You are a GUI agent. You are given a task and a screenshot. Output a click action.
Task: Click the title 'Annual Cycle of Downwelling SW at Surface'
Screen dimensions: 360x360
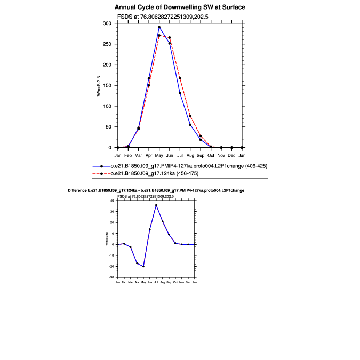click(x=180, y=7)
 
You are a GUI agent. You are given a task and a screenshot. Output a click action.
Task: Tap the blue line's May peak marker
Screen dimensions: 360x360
click(x=159, y=27)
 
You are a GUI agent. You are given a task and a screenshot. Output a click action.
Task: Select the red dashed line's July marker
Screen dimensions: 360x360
click(x=180, y=78)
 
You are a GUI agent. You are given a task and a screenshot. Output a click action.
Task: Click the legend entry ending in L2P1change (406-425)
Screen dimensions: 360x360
click(x=188, y=166)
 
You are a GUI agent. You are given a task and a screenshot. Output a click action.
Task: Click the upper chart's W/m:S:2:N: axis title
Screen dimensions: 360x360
click(x=99, y=85)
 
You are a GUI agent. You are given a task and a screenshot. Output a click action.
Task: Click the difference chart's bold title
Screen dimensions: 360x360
click(x=156, y=190)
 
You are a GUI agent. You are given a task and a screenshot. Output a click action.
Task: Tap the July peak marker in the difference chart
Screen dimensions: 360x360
click(x=156, y=205)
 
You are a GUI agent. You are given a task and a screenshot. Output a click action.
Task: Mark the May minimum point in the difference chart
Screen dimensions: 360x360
click(x=143, y=266)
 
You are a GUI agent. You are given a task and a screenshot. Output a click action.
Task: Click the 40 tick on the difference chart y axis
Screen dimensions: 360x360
click(x=113, y=201)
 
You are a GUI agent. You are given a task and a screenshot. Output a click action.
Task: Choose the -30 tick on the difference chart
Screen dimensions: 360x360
click(x=112, y=277)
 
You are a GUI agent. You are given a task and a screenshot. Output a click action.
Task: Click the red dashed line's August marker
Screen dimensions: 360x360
click(x=190, y=116)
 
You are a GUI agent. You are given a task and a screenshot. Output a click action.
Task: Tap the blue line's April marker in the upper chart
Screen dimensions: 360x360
click(x=149, y=78)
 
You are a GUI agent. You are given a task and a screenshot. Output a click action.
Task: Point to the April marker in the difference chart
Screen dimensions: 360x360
click(x=137, y=263)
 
